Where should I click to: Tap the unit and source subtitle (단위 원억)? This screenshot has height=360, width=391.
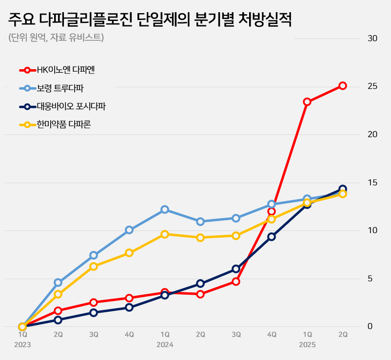[56, 38]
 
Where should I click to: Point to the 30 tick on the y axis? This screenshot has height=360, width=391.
[373, 38]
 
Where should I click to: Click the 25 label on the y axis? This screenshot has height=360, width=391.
[373, 86]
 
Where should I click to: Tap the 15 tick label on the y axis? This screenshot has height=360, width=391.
[373, 183]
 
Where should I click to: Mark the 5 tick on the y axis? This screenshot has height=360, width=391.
[370, 279]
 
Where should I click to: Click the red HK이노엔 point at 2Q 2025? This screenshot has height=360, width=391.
[343, 86]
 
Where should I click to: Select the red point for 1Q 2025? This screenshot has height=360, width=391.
[307, 102]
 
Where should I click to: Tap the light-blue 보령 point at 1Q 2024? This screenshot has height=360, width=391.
[165, 209]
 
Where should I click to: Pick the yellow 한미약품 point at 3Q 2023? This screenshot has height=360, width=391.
[94, 266]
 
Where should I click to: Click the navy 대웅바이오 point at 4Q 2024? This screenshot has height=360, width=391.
[272, 237]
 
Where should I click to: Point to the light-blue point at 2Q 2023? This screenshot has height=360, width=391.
[58, 283]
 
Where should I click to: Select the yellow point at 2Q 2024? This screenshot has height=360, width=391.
[200, 238]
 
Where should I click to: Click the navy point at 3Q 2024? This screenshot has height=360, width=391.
[236, 269]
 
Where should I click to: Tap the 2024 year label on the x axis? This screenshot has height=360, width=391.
[165, 345]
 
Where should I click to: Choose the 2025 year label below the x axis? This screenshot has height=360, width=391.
[307, 345]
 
